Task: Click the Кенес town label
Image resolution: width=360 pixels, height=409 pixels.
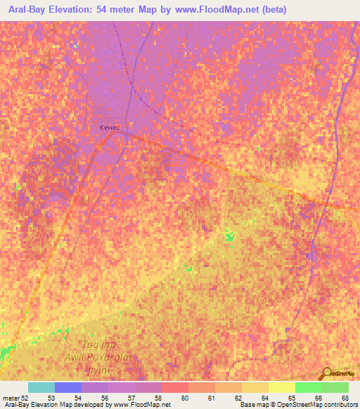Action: [109, 128]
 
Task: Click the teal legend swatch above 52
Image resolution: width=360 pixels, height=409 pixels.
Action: [41, 387]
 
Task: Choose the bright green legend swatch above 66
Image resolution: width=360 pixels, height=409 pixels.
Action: [309, 387]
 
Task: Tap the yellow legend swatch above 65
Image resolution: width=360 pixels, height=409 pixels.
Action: [282, 387]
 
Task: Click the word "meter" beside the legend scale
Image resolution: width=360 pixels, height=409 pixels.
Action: [11, 398]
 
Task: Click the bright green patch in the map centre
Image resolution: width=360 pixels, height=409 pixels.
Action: [229, 238]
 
